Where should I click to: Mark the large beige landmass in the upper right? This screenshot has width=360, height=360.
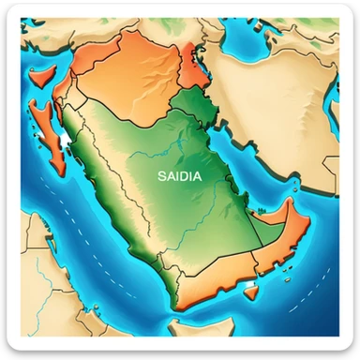click(281, 75)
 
